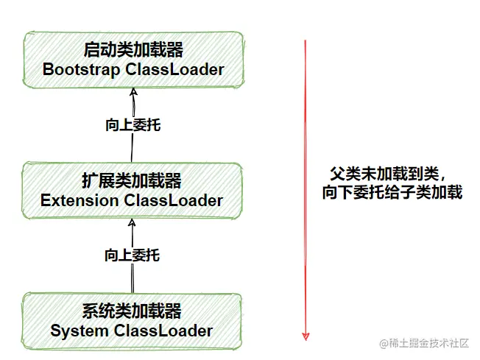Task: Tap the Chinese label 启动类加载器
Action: pos(133,51)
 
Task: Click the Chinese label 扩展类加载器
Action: pos(133,181)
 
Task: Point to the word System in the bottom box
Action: pos(80,331)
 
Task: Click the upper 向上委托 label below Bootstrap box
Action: pos(133,124)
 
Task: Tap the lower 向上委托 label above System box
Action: pos(132,255)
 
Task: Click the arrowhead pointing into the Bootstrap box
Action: pos(133,91)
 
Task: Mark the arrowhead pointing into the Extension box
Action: pos(132,222)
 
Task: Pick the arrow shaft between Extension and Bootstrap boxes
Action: pos(133,147)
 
